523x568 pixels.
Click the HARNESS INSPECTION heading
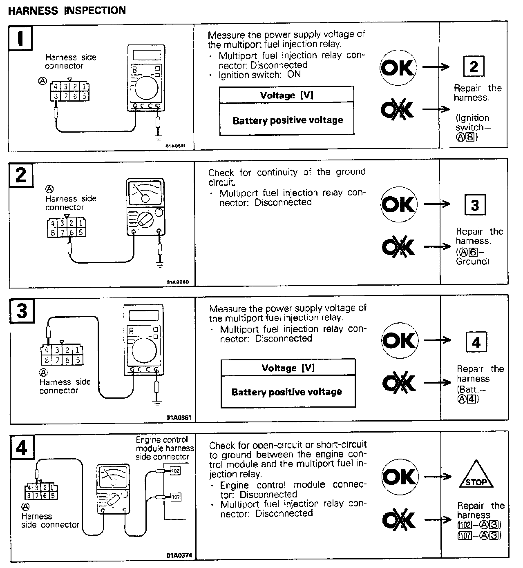(x=67, y=10)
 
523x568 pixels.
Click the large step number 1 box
(x=20, y=38)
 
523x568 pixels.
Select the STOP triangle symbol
(x=476, y=476)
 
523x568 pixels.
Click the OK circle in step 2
(x=398, y=204)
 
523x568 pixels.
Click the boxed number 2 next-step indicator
(x=474, y=67)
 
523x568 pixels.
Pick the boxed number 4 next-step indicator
(x=476, y=342)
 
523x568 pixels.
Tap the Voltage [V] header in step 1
(x=286, y=95)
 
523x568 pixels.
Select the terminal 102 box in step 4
(x=175, y=471)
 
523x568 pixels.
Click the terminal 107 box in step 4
(x=175, y=497)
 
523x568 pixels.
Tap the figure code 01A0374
(x=179, y=555)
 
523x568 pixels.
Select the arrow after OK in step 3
(x=437, y=340)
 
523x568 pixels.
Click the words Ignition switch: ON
(x=259, y=75)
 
